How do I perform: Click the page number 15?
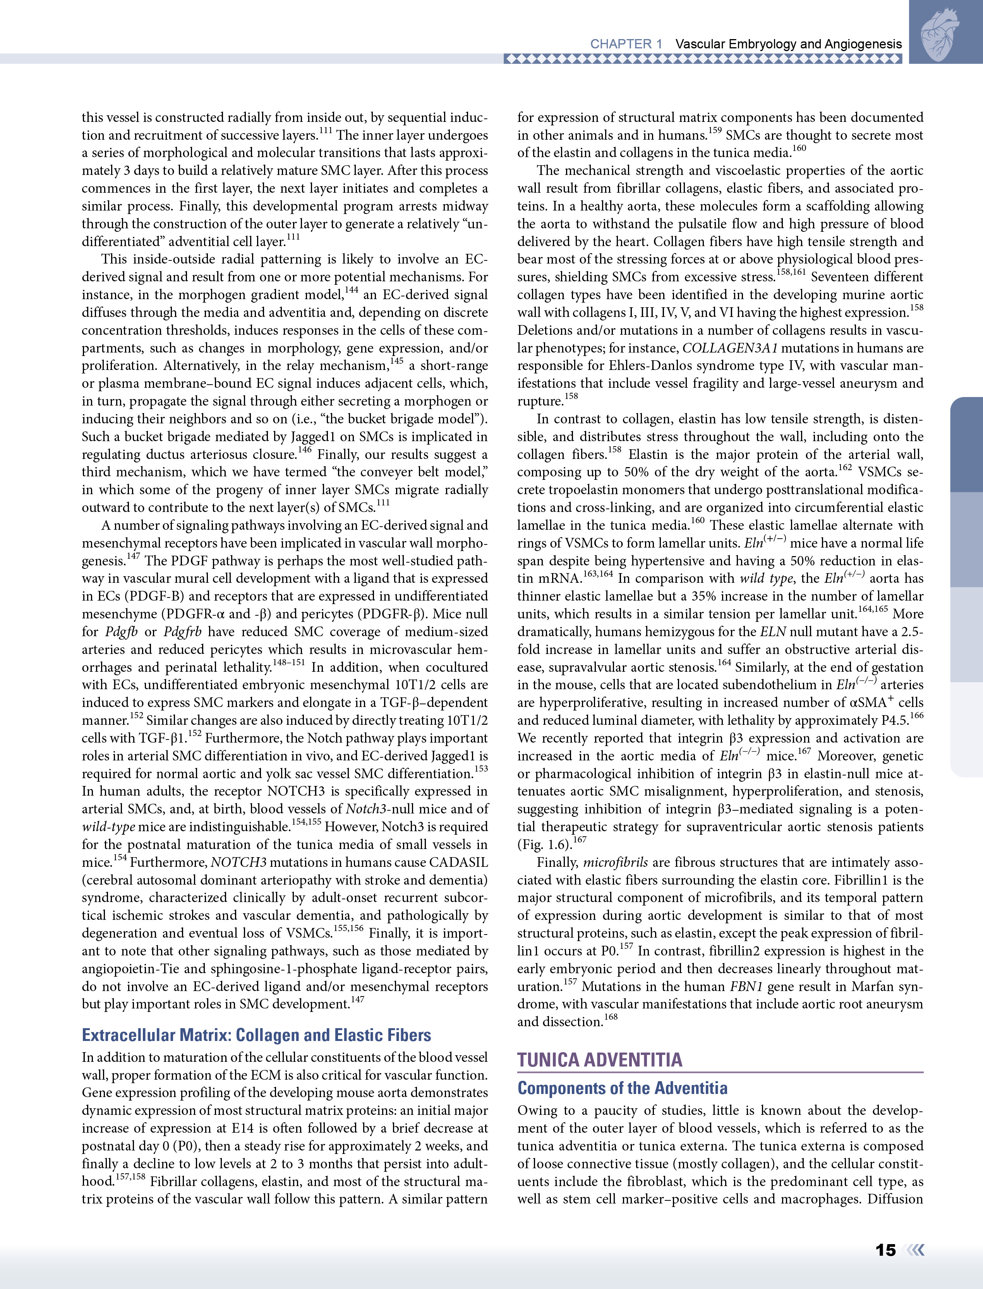(x=885, y=1250)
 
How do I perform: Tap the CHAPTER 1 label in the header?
(x=626, y=44)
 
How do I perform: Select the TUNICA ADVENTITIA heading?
(x=599, y=1060)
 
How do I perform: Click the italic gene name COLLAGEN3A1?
(x=730, y=348)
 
